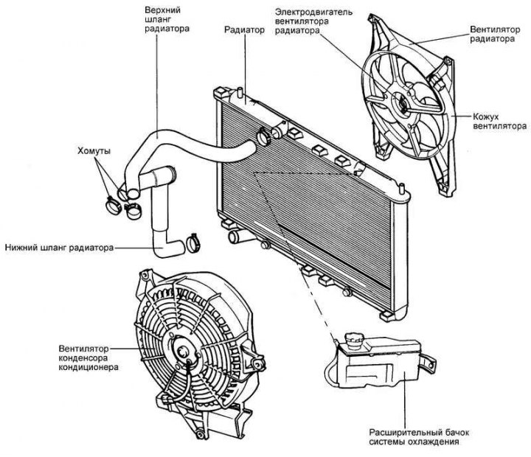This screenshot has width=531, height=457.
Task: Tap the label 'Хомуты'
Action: pos(94,150)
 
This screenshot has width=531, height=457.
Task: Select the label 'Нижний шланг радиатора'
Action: pos(58,247)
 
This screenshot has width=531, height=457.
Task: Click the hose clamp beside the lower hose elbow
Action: pos(196,239)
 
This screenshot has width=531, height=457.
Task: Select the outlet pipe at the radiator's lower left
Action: pos(235,239)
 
